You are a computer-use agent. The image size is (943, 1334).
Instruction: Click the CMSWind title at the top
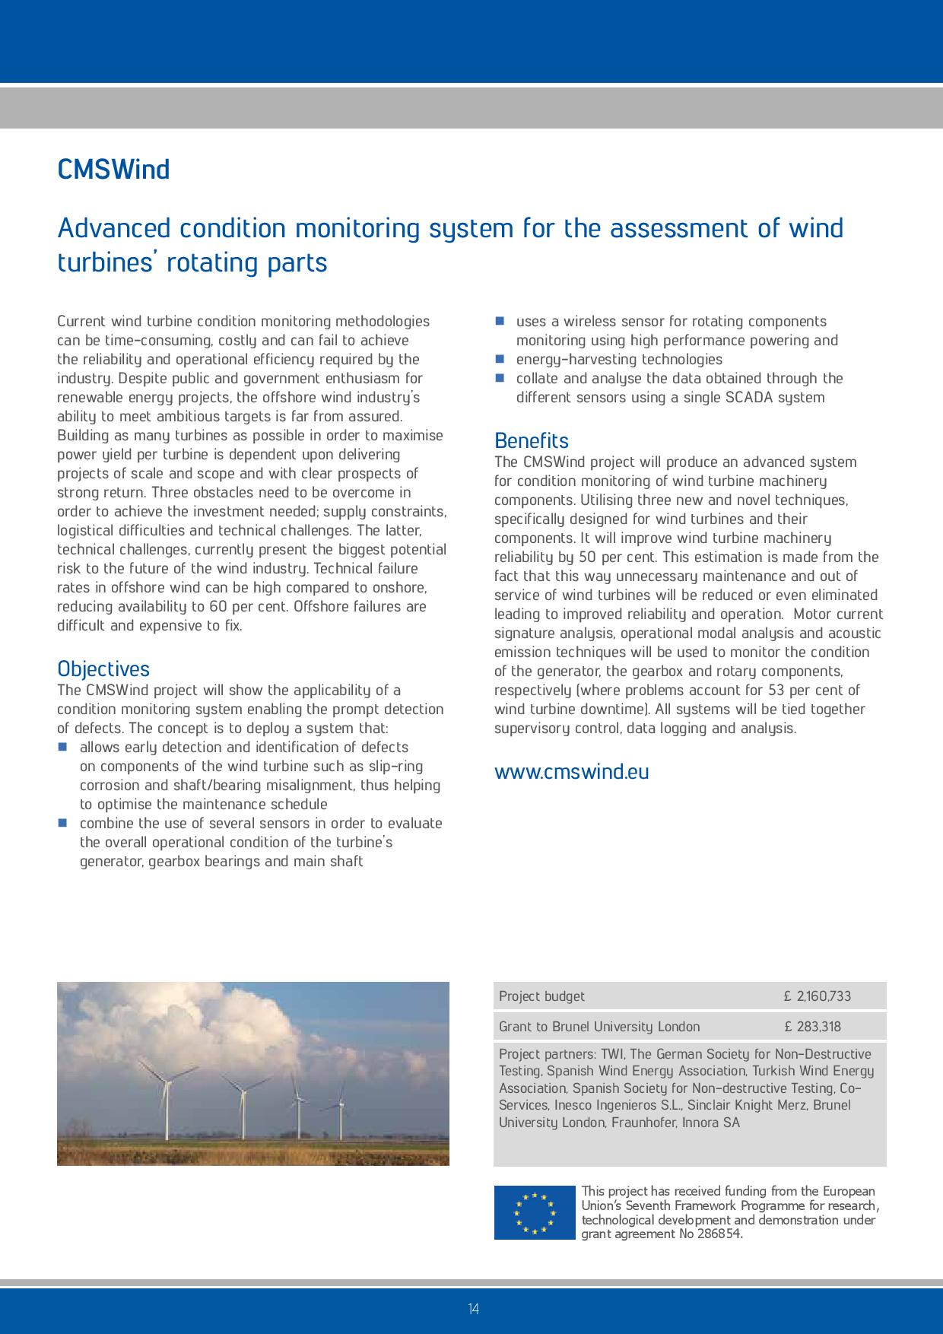113,169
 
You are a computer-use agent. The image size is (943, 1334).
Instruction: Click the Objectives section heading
103,669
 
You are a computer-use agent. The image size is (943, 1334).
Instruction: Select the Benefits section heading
531,440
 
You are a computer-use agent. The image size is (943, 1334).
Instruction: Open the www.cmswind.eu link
571,771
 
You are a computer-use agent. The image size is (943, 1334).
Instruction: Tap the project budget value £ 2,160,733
818,996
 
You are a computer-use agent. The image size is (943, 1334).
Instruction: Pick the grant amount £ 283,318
812,1027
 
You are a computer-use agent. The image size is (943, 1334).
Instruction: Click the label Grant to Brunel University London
599,1027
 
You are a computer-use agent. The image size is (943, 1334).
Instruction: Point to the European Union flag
535,1212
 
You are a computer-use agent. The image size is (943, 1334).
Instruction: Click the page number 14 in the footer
473,1309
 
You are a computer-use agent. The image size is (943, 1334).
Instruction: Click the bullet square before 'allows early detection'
63,748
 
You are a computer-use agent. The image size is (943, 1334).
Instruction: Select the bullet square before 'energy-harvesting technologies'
500,359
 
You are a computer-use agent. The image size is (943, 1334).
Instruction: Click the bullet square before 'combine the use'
63,824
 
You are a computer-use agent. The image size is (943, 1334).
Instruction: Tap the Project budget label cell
541,996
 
